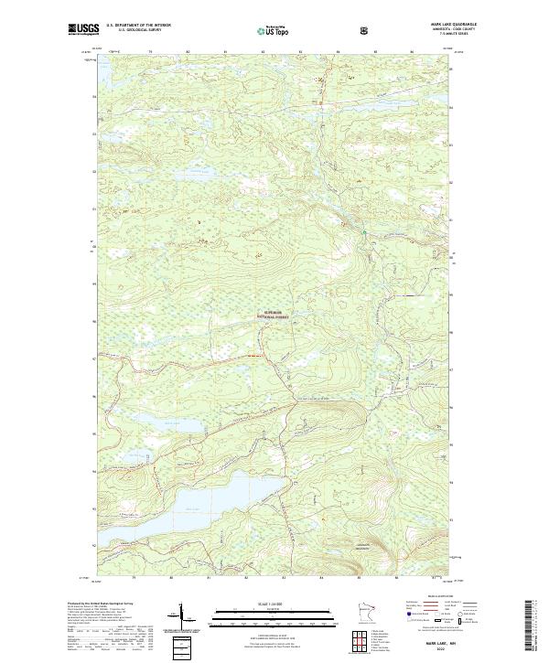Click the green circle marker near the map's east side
(362, 232)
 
